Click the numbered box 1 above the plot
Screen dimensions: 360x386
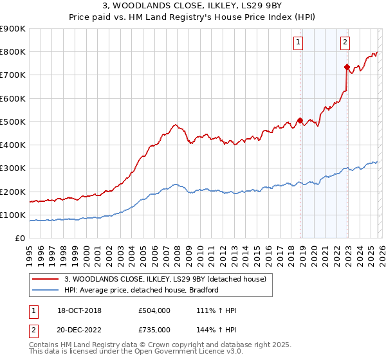(299, 43)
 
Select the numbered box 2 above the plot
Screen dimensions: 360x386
(345, 43)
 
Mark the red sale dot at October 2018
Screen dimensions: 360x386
(300, 120)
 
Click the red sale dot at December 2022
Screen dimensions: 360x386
(347, 67)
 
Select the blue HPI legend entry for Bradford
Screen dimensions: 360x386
(142, 291)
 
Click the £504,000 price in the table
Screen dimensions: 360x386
(154, 310)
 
